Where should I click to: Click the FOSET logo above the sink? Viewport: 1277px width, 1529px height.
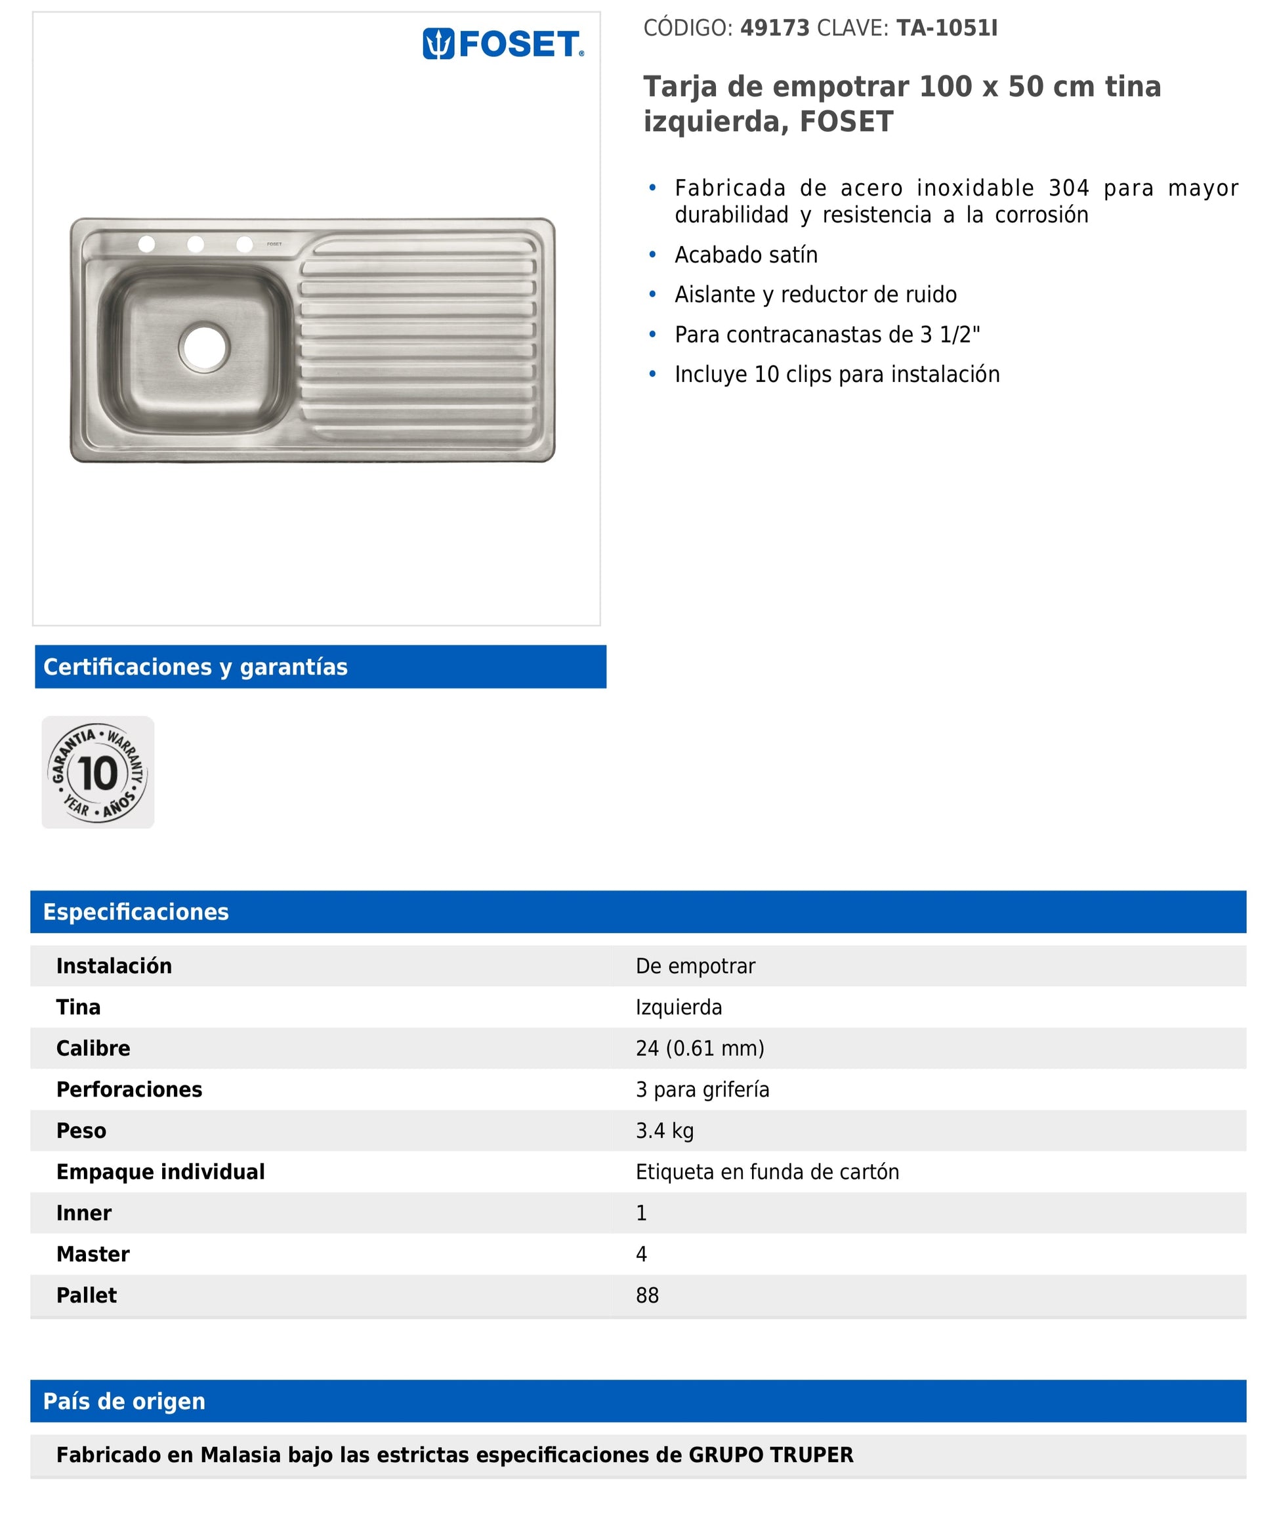pos(503,44)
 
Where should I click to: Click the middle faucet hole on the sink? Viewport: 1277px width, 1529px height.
pos(195,244)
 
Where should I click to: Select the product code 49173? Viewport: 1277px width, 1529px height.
pos(774,28)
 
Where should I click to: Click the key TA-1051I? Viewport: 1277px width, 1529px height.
pos(946,28)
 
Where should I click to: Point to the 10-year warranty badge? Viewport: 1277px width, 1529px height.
pos(98,772)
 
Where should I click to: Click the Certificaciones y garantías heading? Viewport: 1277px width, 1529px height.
pos(195,667)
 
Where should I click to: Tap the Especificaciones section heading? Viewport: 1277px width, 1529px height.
pos(135,911)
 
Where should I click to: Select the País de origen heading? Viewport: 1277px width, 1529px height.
pos(124,1401)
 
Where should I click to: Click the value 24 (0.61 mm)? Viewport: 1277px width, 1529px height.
pos(700,1049)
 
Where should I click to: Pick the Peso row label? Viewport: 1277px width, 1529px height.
pos(81,1131)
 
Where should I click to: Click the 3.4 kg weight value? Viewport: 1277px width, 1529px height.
pos(664,1131)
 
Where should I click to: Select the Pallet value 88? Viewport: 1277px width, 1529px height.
pos(646,1295)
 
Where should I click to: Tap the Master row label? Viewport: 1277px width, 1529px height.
pos(93,1254)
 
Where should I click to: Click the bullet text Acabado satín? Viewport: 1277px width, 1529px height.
pos(745,255)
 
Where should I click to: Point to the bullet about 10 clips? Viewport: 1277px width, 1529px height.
pos(837,374)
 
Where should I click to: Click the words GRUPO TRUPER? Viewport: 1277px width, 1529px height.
pos(770,1455)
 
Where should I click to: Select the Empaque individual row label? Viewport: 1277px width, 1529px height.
pos(160,1171)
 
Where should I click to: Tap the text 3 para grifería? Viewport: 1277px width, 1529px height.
pos(702,1089)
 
